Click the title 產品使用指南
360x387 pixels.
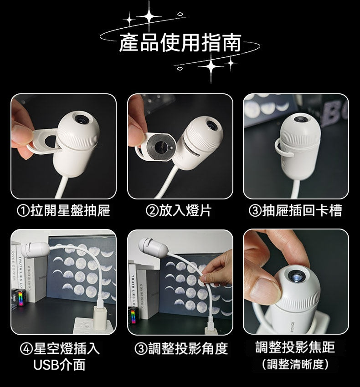click(x=180, y=43)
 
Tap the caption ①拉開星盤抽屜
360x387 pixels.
click(x=63, y=210)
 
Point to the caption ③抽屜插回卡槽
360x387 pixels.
click(x=295, y=210)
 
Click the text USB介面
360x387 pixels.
click(x=59, y=365)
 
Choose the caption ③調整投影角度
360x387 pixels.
click(x=181, y=348)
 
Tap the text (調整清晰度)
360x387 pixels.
click(x=295, y=364)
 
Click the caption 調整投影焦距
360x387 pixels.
click(x=295, y=347)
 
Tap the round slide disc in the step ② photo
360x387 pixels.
click(x=161, y=147)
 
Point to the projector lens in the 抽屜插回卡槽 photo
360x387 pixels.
click(x=301, y=119)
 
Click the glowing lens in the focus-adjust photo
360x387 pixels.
click(x=298, y=278)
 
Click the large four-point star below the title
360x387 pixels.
click(x=211, y=66)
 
